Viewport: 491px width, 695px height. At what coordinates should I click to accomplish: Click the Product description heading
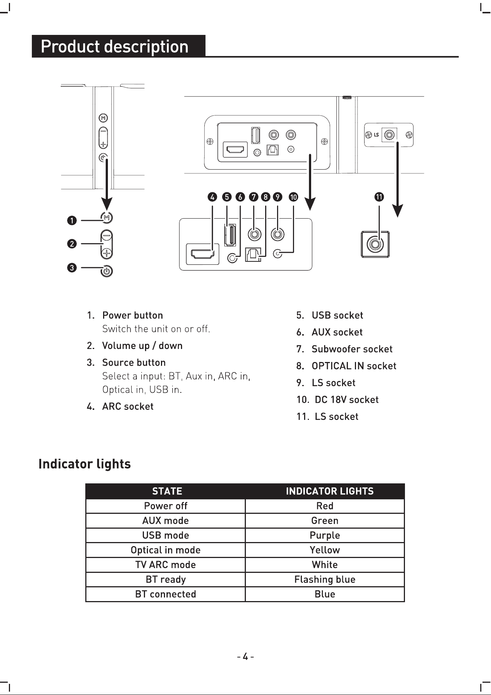coord(115,46)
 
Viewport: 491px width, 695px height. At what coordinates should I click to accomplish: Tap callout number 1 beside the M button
coord(72,221)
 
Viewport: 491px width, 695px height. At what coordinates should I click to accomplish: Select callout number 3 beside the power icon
coord(72,267)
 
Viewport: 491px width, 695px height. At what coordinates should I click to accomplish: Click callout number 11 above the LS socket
coord(379,197)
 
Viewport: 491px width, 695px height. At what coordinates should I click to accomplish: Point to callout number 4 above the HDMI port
coord(212,197)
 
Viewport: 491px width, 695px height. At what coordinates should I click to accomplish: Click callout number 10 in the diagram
coord(293,197)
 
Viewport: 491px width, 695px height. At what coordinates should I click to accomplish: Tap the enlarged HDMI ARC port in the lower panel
coord(202,254)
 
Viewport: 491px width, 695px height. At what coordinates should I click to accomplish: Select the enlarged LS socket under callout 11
coord(375,245)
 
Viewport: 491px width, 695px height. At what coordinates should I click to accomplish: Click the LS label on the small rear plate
coord(376,135)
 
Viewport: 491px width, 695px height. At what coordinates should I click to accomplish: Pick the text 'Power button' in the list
coord(132,315)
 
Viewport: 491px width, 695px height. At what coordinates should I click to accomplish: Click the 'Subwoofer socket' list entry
coord(352,349)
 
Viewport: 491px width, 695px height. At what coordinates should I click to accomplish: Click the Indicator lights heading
coord(85,464)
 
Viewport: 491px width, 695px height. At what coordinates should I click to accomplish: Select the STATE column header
coord(167,491)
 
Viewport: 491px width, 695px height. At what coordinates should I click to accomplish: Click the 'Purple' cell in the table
coord(325,535)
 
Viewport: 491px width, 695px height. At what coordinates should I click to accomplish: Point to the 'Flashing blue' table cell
coord(325,580)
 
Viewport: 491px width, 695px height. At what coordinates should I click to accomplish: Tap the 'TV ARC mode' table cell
coord(165,565)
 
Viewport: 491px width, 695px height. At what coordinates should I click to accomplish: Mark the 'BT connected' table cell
coord(165,594)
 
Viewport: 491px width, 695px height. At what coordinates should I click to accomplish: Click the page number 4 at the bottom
coord(245,657)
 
